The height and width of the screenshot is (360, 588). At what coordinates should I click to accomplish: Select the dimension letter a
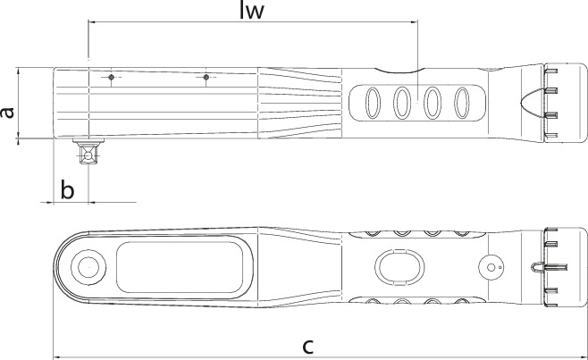7,112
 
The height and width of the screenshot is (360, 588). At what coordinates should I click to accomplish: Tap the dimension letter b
66,189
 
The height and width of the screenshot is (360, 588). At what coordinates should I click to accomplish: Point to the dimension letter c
307,346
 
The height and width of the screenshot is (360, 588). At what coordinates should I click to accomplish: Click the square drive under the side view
88,153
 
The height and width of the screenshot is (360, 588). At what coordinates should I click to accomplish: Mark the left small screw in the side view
110,78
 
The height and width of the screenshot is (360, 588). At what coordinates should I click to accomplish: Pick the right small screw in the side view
206,78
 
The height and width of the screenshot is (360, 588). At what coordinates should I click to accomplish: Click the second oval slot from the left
402,102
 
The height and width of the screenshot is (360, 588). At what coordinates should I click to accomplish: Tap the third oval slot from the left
433,102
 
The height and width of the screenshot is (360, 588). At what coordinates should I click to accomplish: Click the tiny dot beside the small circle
501,265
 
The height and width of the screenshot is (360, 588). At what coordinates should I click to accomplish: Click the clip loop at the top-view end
536,265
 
